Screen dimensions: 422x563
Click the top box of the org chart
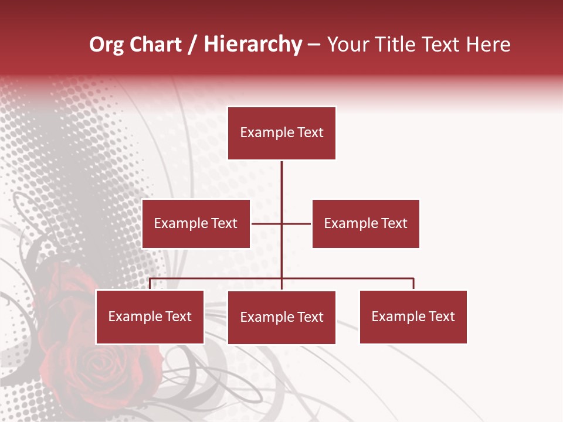click(281, 133)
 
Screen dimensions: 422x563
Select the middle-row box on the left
click(196, 223)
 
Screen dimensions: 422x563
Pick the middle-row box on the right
click(365, 223)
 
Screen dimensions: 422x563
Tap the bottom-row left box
click(150, 316)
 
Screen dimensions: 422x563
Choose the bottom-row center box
click(281, 317)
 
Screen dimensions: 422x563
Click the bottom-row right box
click(413, 316)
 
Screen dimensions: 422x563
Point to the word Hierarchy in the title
click(253, 45)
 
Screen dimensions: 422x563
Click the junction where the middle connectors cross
click(281, 223)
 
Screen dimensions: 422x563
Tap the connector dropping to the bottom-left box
click(150, 284)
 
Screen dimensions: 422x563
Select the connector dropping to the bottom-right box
click(413, 284)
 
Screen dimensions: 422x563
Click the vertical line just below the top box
click(281, 176)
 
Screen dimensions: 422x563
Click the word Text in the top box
click(310, 132)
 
